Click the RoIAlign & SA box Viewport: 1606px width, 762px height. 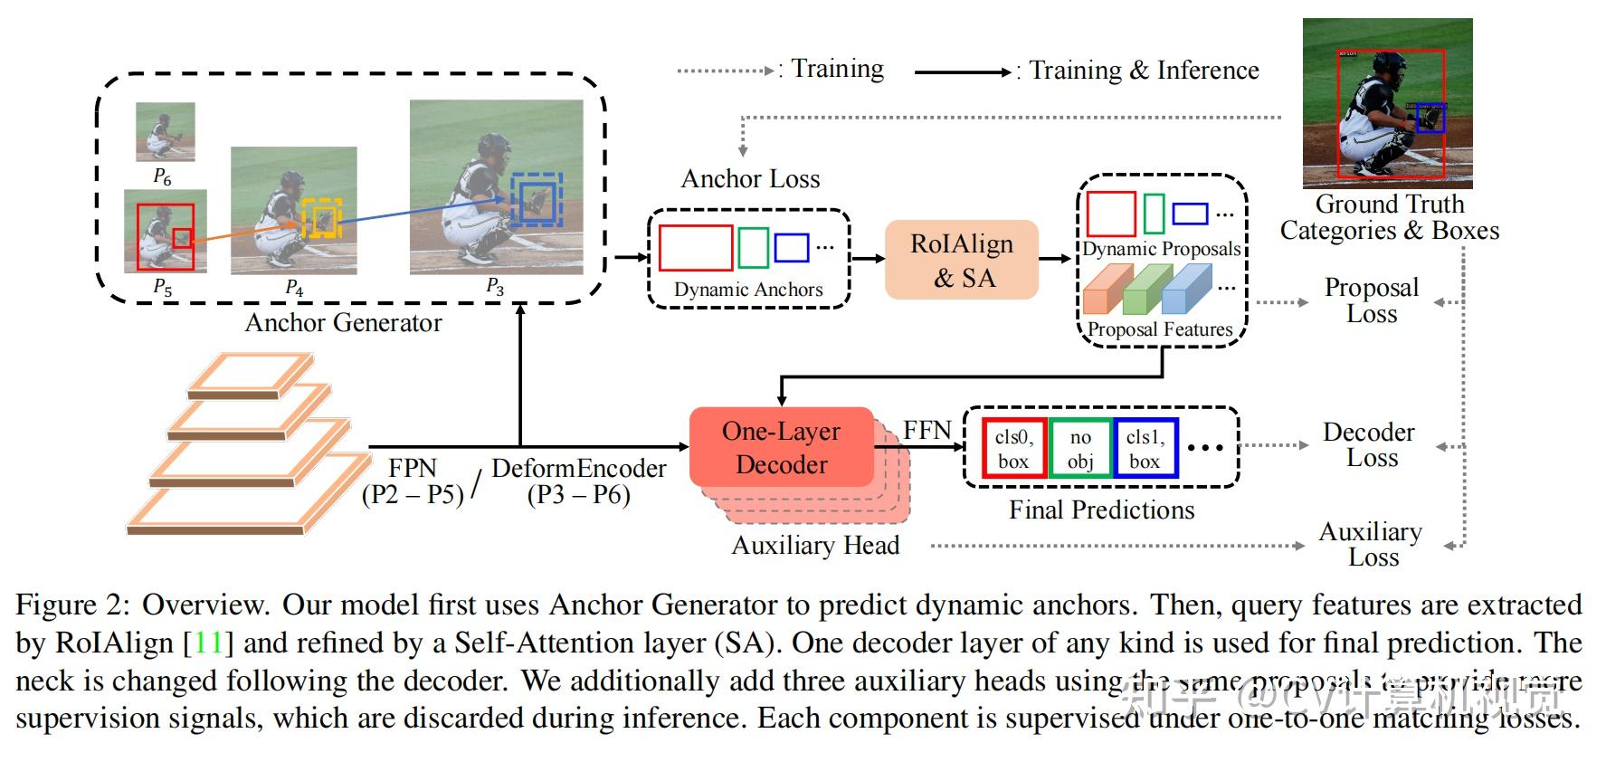pyautogui.click(x=961, y=260)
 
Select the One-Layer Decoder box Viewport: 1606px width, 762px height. pyautogui.click(x=782, y=448)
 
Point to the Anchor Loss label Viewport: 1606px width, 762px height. pyautogui.click(x=750, y=179)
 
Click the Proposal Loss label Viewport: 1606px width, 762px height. pyautogui.click(x=1372, y=300)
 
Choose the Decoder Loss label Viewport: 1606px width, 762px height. pyautogui.click(x=1369, y=444)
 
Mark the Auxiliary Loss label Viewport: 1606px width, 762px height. pyautogui.click(x=1371, y=544)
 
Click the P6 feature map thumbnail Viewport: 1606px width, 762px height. pyautogui.click(x=165, y=132)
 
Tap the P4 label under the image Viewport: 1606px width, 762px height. pyautogui.click(x=294, y=288)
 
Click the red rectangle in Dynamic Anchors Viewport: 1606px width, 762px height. pyautogui.click(x=695, y=248)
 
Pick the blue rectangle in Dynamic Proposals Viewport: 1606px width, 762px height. pyautogui.click(x=1190, y=214)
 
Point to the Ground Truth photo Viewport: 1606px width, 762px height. pyautogui.click(x=1387, y=103)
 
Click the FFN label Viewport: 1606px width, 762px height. pyautogui.click(x=927, y=430)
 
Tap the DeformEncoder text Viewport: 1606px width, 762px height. pyautogui.click(x=579, y=469)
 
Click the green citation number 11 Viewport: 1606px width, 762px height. pyautogui.click(x=208, y=643)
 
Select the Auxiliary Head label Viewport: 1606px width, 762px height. pyautogui.click(x=815, y=546)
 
